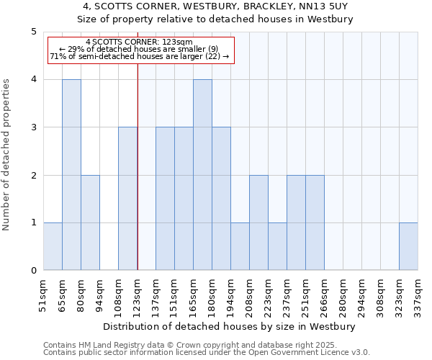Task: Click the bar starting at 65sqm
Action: click(71, 175)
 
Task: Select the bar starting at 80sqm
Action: click(90, 222)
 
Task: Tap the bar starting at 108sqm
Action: click(127, 199)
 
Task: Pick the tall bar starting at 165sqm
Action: click(202, 175)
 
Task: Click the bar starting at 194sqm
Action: click(240, 246)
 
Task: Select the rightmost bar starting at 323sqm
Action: click(408, 246)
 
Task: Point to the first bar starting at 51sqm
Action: click(53, 246)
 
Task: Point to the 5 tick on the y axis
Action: click(33, 32)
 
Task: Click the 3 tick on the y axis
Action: click(33, 127)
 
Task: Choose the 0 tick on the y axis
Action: click(33, 271)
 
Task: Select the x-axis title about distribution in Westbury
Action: click(230, 326)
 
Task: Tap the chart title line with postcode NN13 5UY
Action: click(215, 6)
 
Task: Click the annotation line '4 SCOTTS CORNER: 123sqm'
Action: click(139, 42)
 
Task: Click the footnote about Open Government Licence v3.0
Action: click(207, 353)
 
